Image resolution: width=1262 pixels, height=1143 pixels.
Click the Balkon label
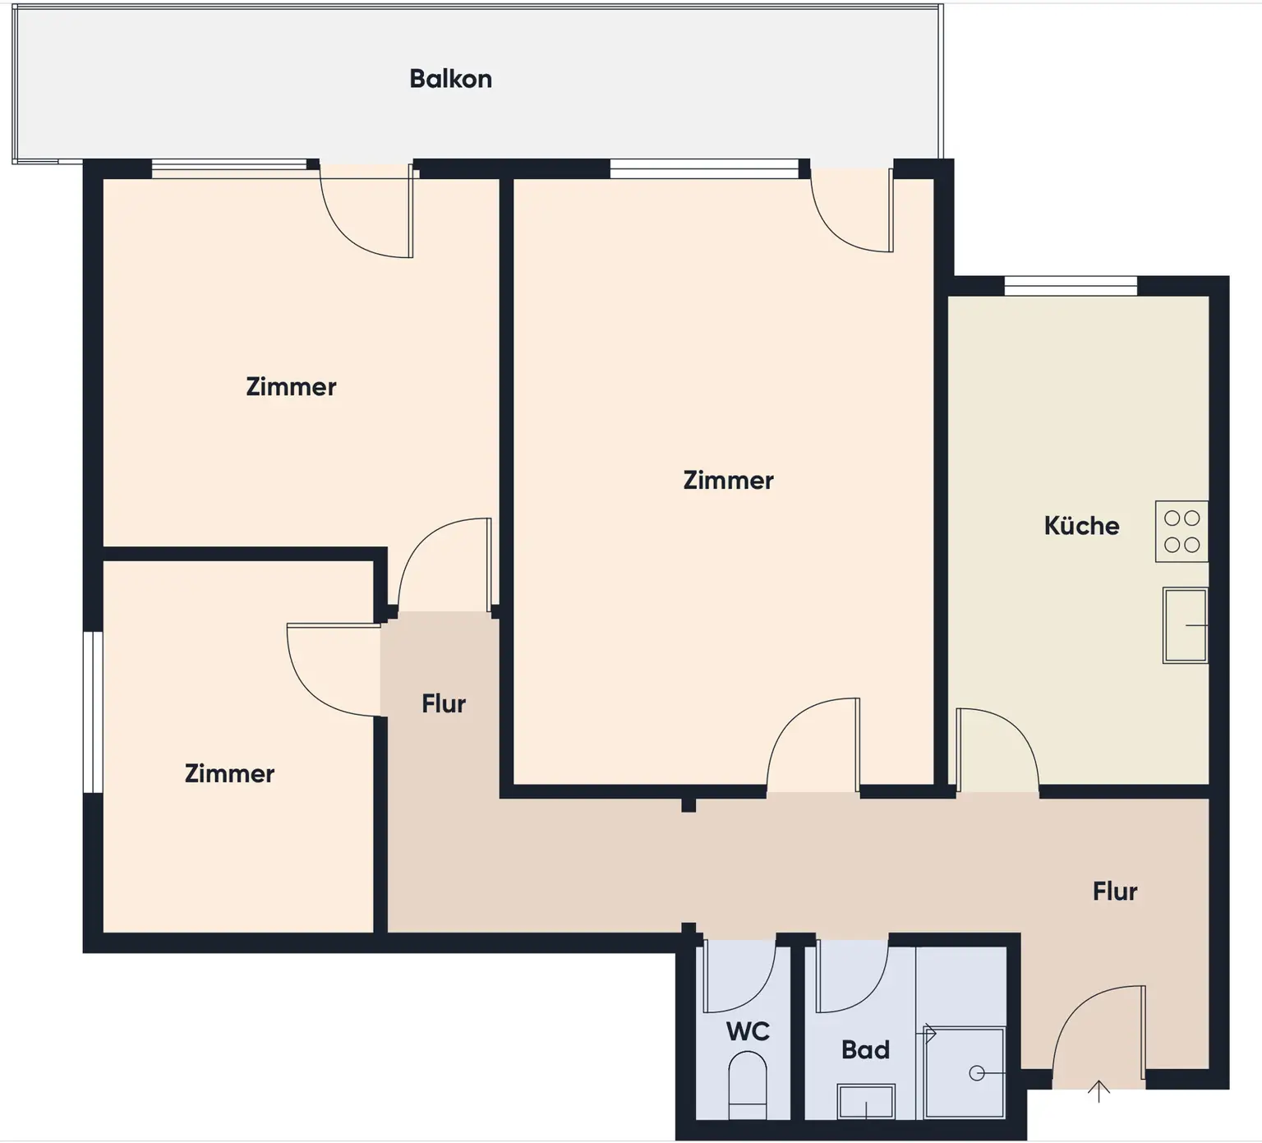tap(450, 79)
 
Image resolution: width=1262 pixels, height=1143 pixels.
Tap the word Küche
tap(1081, 526)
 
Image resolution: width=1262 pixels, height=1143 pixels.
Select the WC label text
tap(748, 1031)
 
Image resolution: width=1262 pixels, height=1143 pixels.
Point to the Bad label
tap(865, 1050)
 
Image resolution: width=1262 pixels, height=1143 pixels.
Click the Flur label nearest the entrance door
tap(1115, 892)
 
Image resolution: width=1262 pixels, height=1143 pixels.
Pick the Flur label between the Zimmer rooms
tap(444, 704)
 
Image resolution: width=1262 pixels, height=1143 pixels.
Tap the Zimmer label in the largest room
tap(728, 481)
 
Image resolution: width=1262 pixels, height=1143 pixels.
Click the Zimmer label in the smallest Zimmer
tap(229, 774)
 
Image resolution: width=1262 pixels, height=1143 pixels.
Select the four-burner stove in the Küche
tap(1181, 532)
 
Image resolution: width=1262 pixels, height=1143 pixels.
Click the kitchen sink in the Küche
tap(1185, 625)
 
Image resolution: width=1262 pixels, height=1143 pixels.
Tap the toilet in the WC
tap(747, 1085)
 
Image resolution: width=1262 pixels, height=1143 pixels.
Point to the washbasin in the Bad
tap(865, 1101)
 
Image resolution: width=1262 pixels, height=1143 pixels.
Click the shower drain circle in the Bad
tap(976, 1073)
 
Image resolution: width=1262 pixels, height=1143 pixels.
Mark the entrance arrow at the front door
tap(1098, 1091)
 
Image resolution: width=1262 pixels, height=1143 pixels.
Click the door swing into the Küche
tap(994, 748)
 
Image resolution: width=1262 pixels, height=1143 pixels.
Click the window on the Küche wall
tap(1071, 287)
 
